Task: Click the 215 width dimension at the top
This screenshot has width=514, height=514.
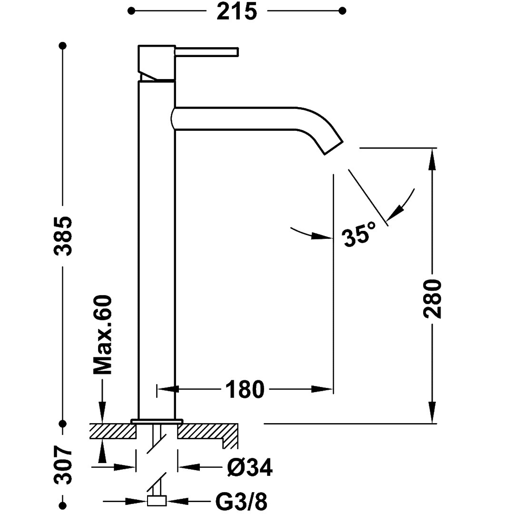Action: point(237,11)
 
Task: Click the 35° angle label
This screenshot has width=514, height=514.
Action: point(359,235)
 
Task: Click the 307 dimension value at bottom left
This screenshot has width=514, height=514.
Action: point(63,465)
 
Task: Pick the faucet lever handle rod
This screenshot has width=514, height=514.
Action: point(207,51)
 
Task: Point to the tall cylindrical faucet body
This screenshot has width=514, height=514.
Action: point(157,247)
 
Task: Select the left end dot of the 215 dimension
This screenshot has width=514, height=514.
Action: point(133,10)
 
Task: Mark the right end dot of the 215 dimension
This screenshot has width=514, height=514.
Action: point(341,10)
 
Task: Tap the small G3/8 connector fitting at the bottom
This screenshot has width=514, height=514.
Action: point(157,501)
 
